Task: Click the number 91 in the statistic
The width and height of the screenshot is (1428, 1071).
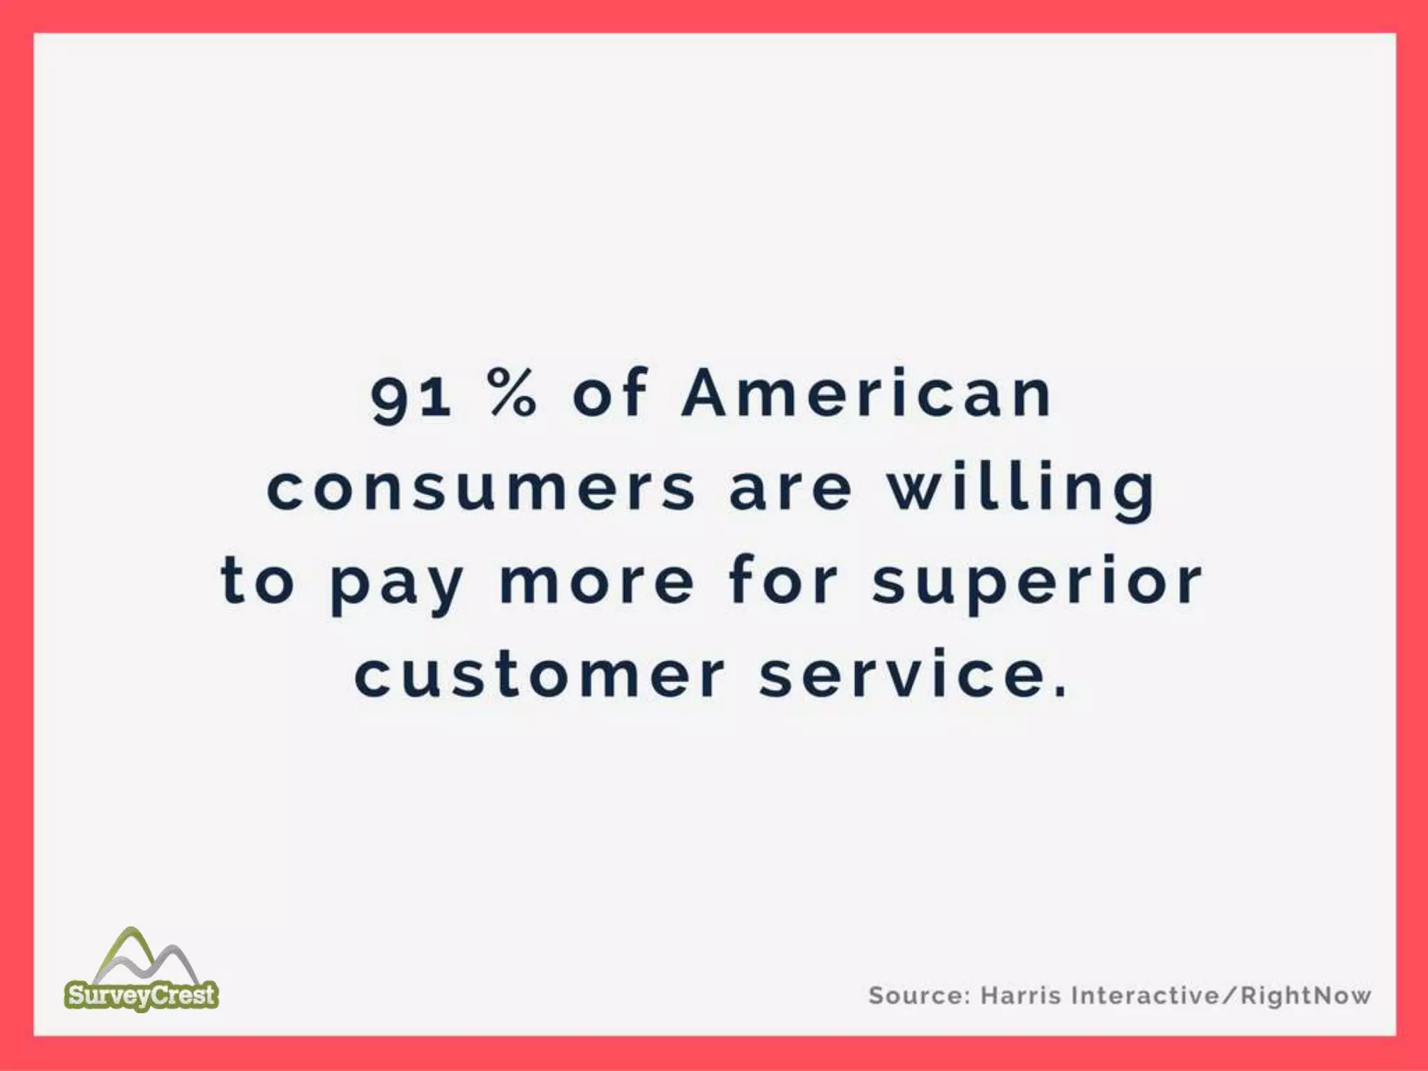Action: (411, 396)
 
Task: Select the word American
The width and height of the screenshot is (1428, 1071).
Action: (867, 394)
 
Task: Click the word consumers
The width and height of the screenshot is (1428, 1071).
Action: (481, 488)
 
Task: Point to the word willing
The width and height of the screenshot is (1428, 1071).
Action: (1021, 488)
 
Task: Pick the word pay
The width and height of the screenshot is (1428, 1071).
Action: (397, 586)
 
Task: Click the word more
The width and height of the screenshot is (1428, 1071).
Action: (597, 582)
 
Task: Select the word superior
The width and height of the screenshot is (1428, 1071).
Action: (1037, 586)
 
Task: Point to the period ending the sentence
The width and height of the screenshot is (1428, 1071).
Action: (1060, 692)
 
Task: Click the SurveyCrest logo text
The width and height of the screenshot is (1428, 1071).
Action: (142, 994)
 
